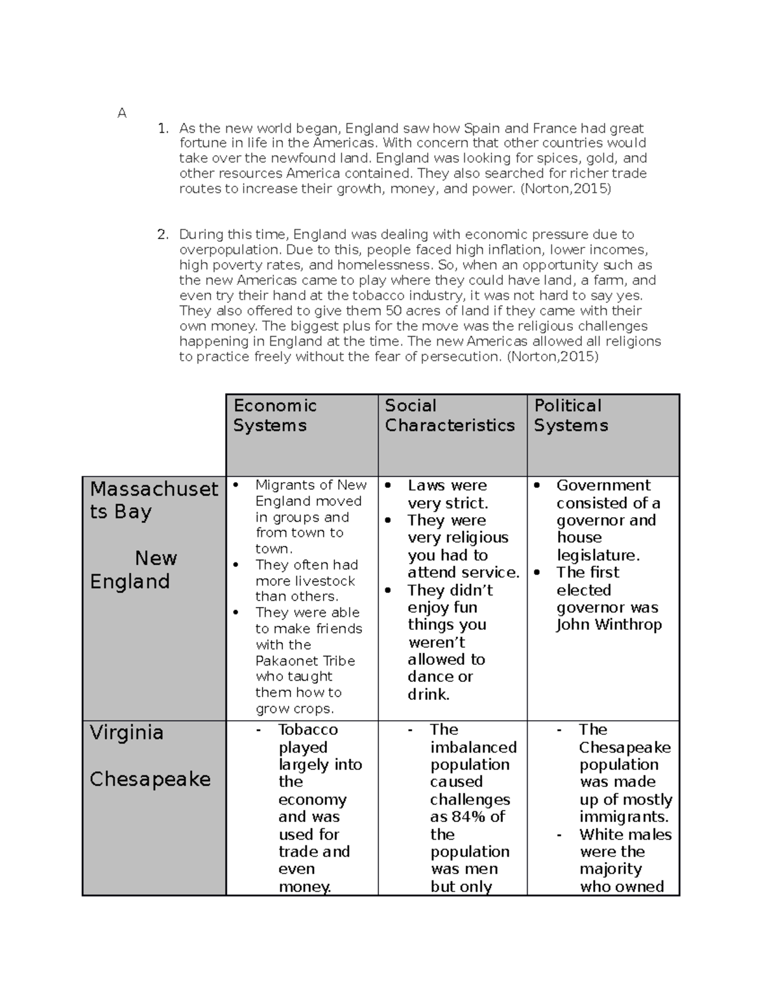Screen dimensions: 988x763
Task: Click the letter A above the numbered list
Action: (122, 113)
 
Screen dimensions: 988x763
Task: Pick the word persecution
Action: (462, 357)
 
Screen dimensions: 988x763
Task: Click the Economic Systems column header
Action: (275, 415)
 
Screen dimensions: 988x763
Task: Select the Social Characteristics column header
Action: (450, 415)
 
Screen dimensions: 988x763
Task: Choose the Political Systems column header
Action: (570, 415)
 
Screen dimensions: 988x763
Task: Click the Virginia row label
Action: (127, 732)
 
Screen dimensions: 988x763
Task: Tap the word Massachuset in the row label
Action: (155, 489)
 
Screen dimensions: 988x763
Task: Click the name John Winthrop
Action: (608, 625)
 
